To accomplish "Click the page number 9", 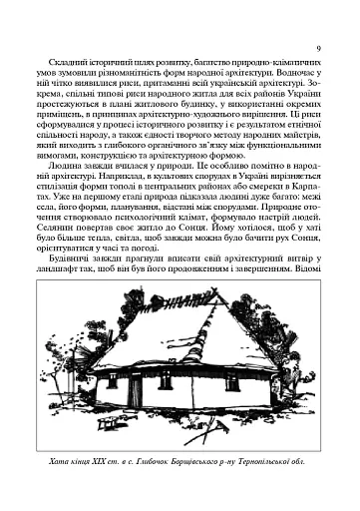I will point(316,48).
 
